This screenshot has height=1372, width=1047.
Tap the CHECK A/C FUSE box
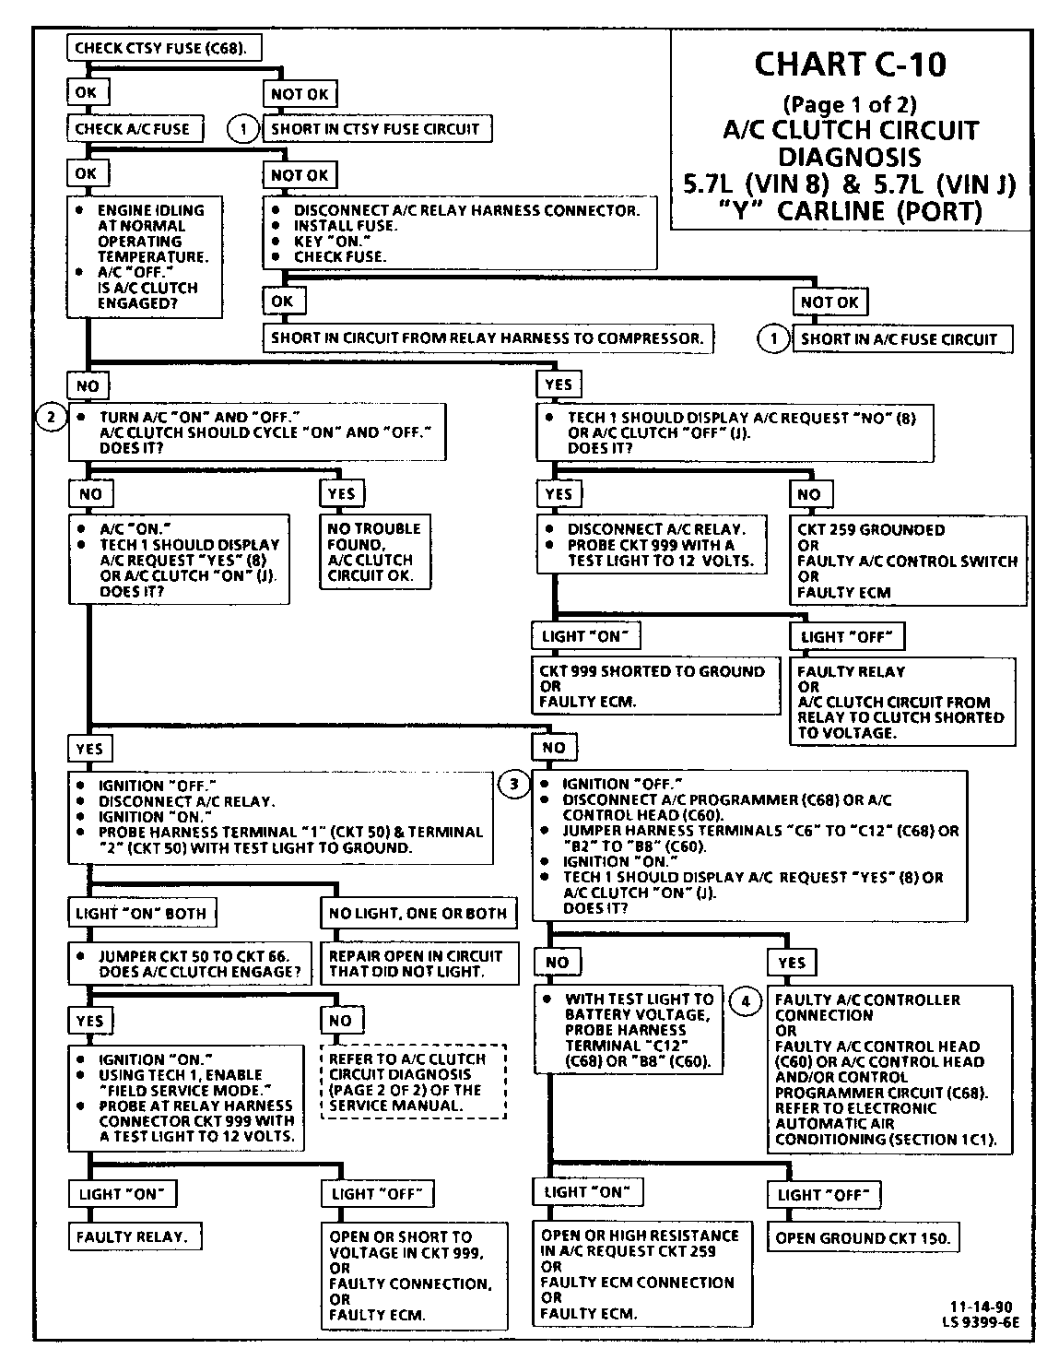[x=135, y=129]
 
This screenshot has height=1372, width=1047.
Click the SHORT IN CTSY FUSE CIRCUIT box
[x=376, y=129]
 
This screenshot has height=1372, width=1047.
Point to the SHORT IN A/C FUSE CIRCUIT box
[x=900, y=339]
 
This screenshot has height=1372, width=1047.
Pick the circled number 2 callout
[x=52, y=418]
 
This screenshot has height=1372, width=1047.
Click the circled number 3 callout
[x=514, y=785]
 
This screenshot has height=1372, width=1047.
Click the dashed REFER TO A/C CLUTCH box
[x=413, y=1082]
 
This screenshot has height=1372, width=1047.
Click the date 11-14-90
[x=981, y=1307]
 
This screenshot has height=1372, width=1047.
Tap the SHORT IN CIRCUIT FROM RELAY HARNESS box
[x=488, y=338]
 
